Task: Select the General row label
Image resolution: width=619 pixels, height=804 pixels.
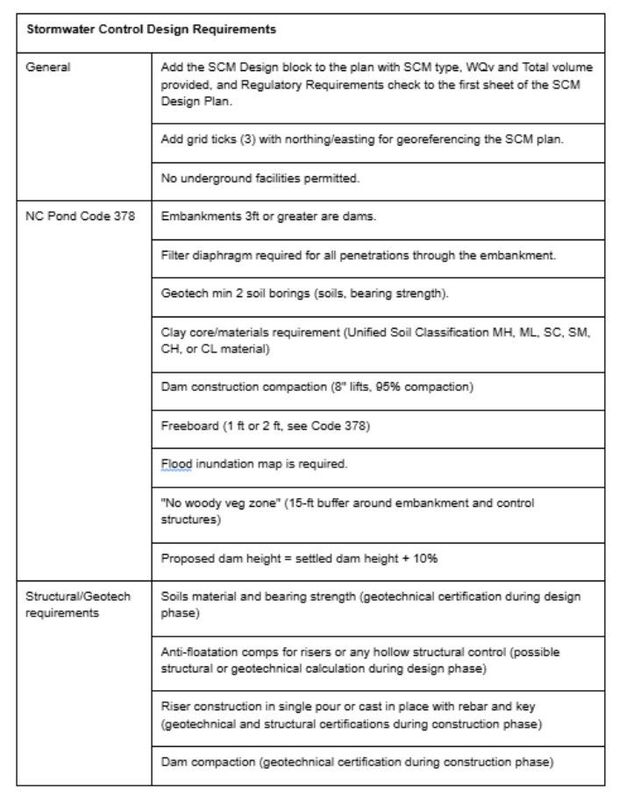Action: (46, 66)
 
